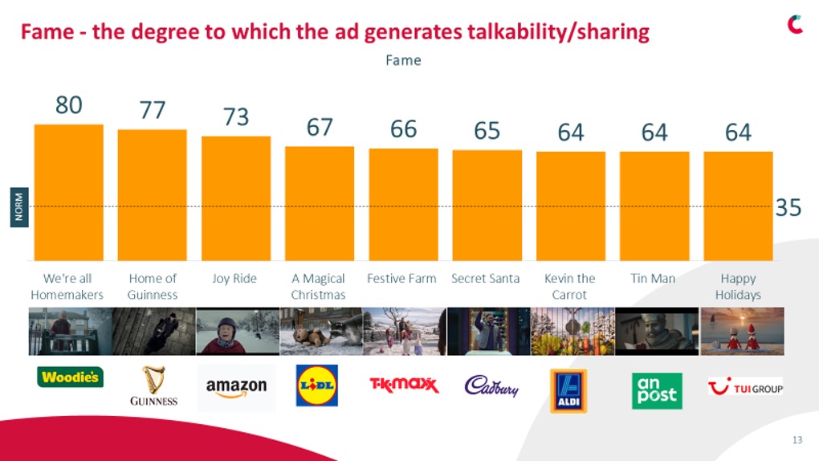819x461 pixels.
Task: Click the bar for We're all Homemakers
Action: [68, 192]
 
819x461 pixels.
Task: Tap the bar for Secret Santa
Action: [487, 205]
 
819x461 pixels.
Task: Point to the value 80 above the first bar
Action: [68, 105]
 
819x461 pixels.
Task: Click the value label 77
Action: [153, 110]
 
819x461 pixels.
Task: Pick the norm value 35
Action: [788, 208]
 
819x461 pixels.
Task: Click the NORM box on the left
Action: [19, 206]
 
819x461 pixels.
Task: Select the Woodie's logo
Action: [70, 377]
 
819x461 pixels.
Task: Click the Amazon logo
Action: [236, 387]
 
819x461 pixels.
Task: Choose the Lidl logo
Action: [317, 386]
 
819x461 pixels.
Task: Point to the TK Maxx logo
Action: [403, 385]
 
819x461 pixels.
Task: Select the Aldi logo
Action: [568, 390]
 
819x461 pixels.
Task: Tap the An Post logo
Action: [657, 390]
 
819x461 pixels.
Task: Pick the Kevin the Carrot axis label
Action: [569, 286]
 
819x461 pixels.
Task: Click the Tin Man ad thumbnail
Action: [656, 331]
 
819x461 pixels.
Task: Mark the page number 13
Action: [797, 439]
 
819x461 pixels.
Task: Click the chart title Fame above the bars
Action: [403, 60]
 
